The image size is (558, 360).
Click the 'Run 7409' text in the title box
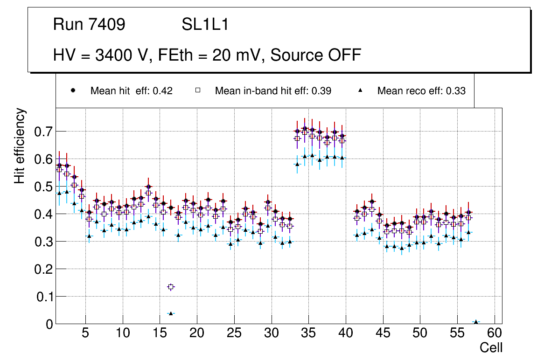tap(89, 25)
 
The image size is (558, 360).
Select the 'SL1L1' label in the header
tap(205, 25)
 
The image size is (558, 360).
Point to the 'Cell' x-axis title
tap(491, 347)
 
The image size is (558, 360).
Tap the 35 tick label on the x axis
tap(308, 334)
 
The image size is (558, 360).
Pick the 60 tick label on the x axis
tap(495, 334)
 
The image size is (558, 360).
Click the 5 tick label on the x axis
tap(85, 334)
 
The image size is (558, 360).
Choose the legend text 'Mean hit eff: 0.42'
tap(132, 91)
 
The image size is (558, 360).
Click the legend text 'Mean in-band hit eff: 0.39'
tap(273, 91)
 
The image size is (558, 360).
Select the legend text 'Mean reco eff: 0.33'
tap(421, 91)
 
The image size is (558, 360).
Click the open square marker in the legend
tap(197, 90)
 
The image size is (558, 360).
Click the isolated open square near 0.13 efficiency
tap(171, 287)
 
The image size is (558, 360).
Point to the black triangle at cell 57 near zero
tap(476, 322)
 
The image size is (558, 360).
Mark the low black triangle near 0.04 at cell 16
tap(171, 313)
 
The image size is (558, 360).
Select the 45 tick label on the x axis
tap(383, 334)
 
